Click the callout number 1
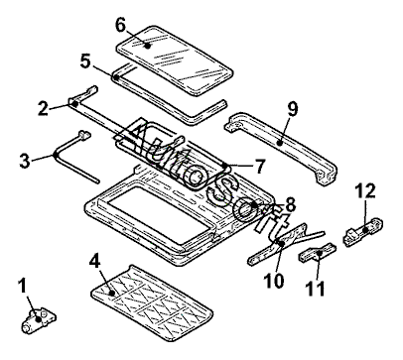23,287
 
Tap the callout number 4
95,262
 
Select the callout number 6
121,25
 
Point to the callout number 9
293,109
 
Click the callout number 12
365,190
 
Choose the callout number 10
274,281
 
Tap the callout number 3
25,161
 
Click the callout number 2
43,108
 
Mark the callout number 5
85,60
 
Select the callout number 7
260,166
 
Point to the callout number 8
290,205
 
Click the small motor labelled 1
39,319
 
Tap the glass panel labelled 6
176,61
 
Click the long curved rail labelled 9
281,145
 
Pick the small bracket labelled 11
318,254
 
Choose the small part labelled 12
364,231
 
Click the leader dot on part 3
57,155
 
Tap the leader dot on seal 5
116,78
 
